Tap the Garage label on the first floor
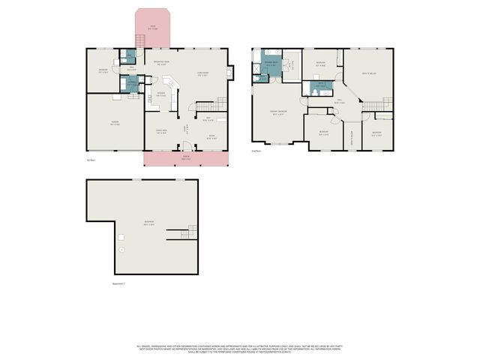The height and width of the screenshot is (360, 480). pos(115,124)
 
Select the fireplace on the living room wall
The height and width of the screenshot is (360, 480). pos(229,73)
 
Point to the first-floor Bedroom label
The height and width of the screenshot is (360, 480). pos(103,70)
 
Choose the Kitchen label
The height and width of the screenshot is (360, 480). pos(160,94)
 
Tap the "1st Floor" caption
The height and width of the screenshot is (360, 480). pos(90,160)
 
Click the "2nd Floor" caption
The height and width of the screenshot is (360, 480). pos(256,151)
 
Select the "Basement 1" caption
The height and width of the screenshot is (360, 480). pos(118,283)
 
